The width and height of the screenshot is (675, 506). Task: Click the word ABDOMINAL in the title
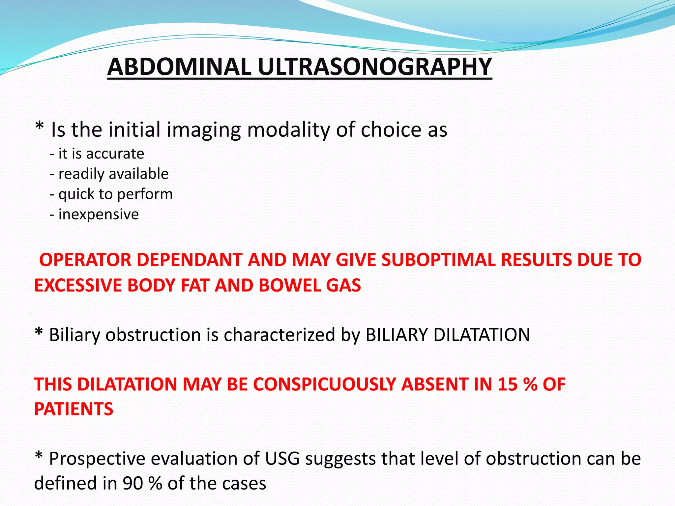tap(179, 67)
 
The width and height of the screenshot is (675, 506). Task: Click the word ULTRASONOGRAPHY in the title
tap(375, 67)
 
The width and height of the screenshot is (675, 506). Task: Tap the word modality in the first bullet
tap(288, 130)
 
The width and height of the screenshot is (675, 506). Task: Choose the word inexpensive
tap(99, 214)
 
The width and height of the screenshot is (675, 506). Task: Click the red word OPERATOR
tap(85, 260)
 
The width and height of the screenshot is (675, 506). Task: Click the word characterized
tap(279, 335)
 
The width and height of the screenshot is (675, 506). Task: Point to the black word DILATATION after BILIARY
tap(482, 335)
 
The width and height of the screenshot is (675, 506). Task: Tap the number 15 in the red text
tap(508, 384)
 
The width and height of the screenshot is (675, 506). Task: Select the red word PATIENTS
tap(74, 409)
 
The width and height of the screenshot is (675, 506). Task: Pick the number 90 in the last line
tap(133, 484)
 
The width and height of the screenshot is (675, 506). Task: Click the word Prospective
tap(97, 459)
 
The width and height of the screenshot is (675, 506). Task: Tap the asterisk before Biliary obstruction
tap(39, 332)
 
